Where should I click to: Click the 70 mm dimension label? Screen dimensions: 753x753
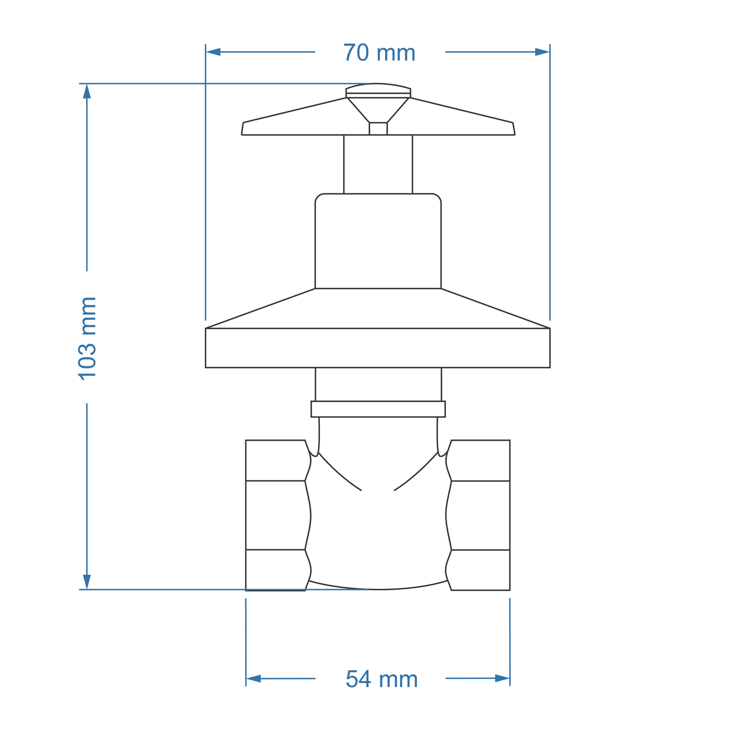[x=379, y=53]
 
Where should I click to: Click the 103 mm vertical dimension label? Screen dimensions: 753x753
[x=87, y=338]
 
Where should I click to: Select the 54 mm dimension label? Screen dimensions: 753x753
[x=381, y=680]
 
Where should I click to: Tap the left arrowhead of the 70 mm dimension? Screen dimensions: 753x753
[x=213, y=52]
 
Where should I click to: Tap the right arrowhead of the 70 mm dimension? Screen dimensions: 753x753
[x=542, y=52]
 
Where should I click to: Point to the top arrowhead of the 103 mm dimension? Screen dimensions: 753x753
[x=87, y=91]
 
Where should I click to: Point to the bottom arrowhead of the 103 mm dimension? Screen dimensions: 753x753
[x=87, y=582]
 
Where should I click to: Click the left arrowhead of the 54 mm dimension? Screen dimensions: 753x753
[x=253, y=678]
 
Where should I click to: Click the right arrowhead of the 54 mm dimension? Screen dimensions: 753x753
[x=502, y=678]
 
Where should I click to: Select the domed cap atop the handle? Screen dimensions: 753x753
[x=378, y=89]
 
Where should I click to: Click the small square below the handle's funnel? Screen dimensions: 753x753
[x=378, y=129]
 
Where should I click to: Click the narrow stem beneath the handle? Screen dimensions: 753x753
[x=378, y=164]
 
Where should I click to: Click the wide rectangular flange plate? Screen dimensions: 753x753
[x=378, y=348]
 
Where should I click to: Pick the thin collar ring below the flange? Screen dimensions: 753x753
[x=378, y=409]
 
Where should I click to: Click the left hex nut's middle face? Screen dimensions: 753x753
[x=276, y=515]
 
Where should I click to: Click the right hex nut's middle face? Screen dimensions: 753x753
[x=479, y=515]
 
